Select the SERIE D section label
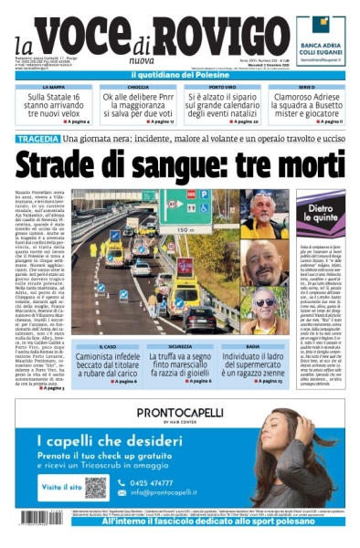(x=306, y=87)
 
